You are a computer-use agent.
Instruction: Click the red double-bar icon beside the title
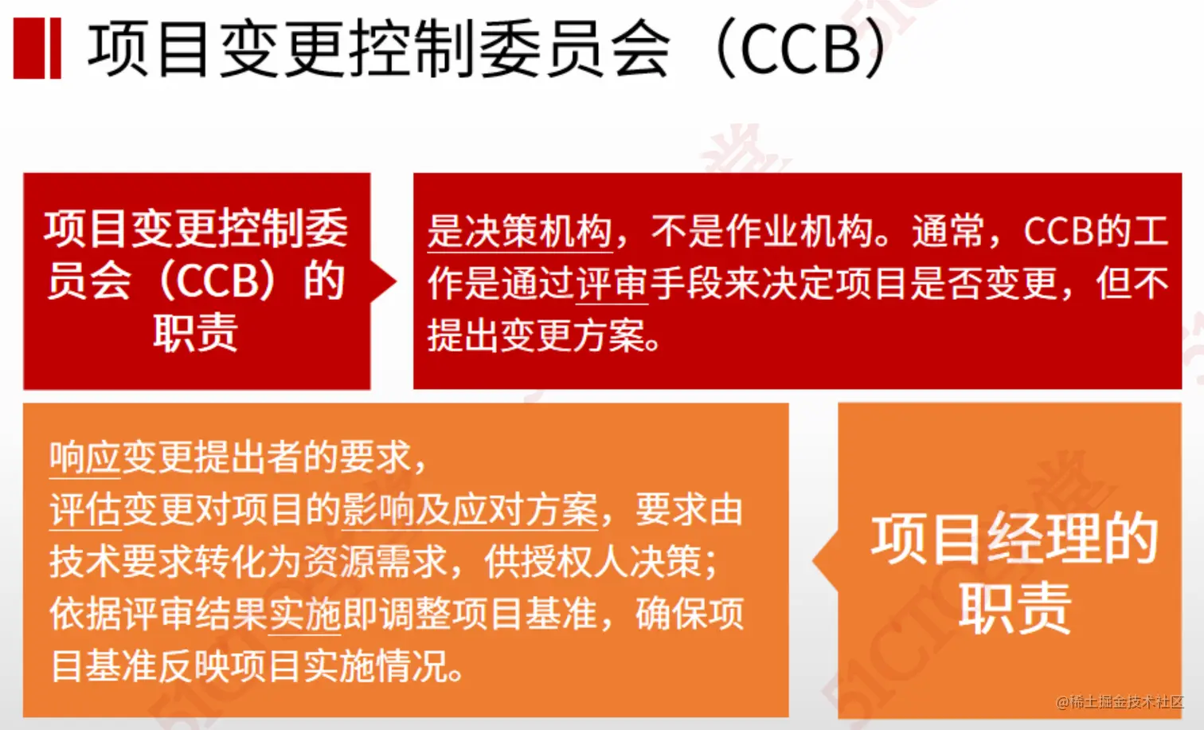pyautogui.click(x=37, y=49)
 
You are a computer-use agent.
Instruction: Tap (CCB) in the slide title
pyautogui.click(x=801, y=49)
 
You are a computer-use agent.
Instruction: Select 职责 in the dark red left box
pyautogui.click(x=196, y=332)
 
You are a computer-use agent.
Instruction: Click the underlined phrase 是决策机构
pyautogui.click(x=519, y=232)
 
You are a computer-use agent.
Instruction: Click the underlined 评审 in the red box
pyautogui.click(x=612, y=284)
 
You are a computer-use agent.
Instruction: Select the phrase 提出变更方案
pyautogui.click(x=535, y=336)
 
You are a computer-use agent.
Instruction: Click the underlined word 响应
pyautogui.click(x=84, y=457)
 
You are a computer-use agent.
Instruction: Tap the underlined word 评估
pyautogui.click(x=84, y=510)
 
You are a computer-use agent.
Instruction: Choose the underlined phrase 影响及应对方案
pyautogui.click(x=469, y=510)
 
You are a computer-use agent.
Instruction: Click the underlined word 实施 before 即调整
pyautogui.click(x=305, y=614)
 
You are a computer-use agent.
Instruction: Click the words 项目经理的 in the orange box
pyautogui.click(x=1014, y=539)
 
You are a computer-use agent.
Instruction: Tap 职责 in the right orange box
pyautogui.click(x=1014, y=607)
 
